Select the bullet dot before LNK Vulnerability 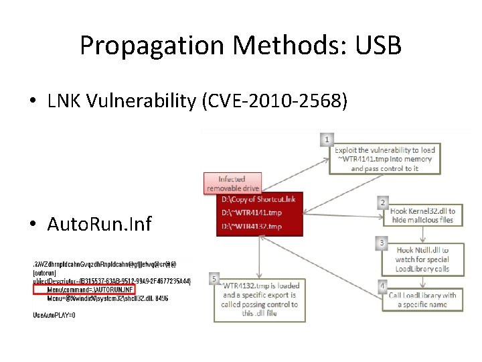[x=33, y=102]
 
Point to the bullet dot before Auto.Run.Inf [x=33, y=223]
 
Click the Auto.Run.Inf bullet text [x=100, y=223]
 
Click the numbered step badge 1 [x=326, y=139]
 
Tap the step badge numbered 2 [x=382, y=202]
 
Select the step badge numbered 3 [x=382, y=243]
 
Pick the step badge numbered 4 [x=382, y=286]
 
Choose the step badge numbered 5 [x=214, y=278]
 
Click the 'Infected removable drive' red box [x=232, y=183]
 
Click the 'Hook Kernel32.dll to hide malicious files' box [x=422, y=215]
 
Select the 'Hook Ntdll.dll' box [x=422, y=259]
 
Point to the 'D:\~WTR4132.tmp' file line [x=252, y=227]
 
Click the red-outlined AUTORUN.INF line [x=94, y=289]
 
